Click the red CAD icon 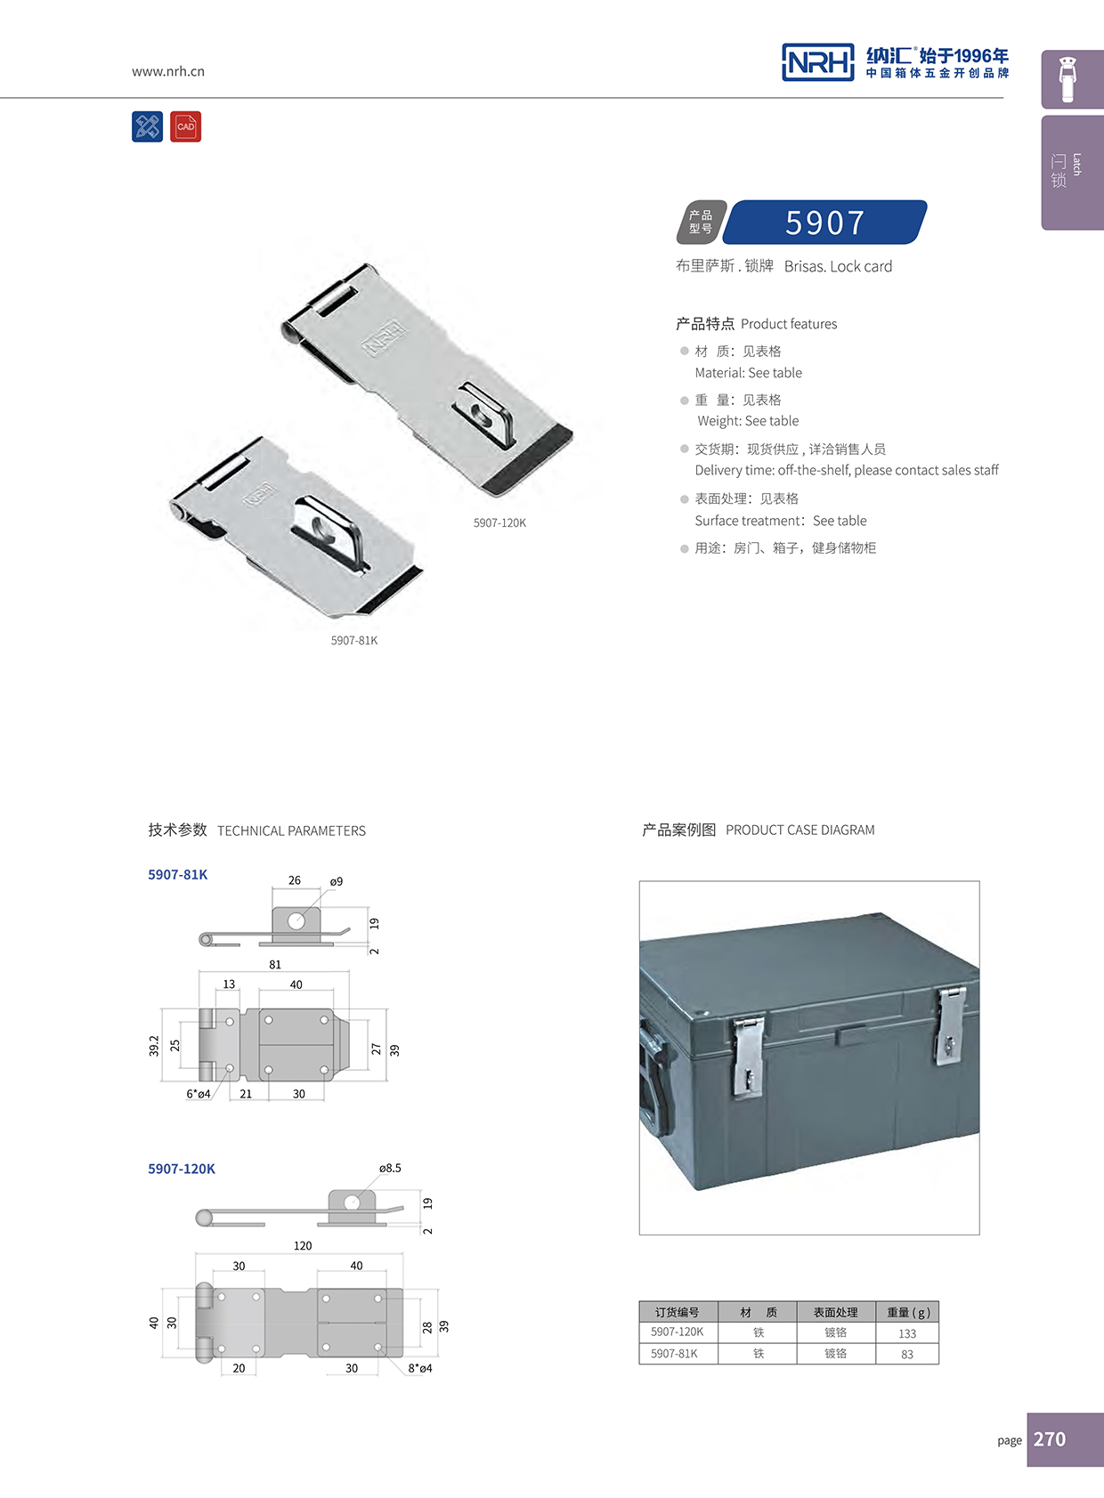pyautogui.click(x=185, y=126)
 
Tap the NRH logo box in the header pyautogui.click(x=817, y=62)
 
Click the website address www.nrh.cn pyautogui.click(x=168, y=71)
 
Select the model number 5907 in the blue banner pyautogui.click(x=824, y=223)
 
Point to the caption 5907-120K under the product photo pyautogui.click(x=499, y=522)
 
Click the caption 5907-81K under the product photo pyautogui.click(x=354, y=640)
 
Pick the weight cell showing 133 pyautogui.click(x=907, y=1333)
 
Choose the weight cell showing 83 pyautogui.click(x=907, y=1354)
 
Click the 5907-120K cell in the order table pyautogui.click(x=677, y=1332)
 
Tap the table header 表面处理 pyautogui.click(x=835, y=1312)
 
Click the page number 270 pyautogui.click(x=1050, y=1439)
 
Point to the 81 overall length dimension pyautogui.click(x=275, y=965)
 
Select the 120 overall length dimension pyautogui.click(x=303, y=1246)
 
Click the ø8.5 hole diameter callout pyautogui.click(x=390, y=1168)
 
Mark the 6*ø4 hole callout pyautogui.click(x=199, y=1094)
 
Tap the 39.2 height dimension pyautogui.click(x=154, y=1045)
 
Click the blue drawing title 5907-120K pyautogui.click(x=182, y=1169)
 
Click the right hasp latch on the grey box pyautogui.click(x=950, y=1027)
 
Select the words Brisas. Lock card pyautogui.click(x=838, y=266)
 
